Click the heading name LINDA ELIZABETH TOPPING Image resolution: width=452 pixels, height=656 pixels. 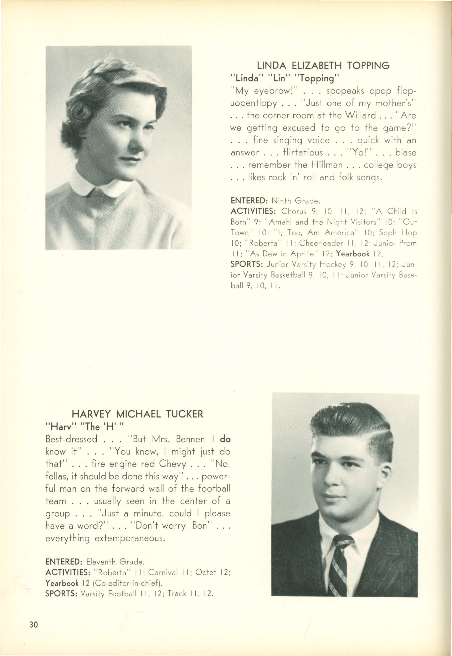point(323,66)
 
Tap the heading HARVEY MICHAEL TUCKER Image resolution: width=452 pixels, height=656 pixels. point(137,414)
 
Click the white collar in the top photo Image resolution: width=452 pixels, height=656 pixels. point(101,185)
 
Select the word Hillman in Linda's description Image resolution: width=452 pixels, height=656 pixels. point(327,165)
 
